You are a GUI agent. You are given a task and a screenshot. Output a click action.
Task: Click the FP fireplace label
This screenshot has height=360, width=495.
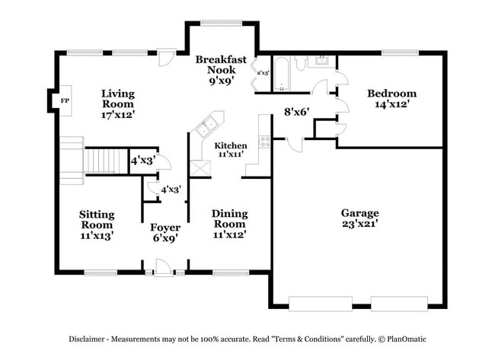click(65, 100)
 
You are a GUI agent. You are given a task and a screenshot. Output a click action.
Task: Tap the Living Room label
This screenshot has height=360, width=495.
click(118, 104)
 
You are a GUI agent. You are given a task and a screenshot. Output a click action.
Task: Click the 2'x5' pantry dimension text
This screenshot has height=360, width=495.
click(263, 73)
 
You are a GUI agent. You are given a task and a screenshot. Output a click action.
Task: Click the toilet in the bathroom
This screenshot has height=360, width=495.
click(302, 62)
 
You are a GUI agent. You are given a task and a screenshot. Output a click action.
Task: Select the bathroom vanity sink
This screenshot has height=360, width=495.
click(323, 61)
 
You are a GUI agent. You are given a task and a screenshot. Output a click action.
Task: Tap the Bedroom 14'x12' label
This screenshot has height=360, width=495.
click(391, 98)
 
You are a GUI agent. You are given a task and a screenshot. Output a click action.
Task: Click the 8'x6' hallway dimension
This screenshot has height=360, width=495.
click(295, 111)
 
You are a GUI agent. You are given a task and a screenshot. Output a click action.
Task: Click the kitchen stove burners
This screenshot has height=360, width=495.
click(265, 140)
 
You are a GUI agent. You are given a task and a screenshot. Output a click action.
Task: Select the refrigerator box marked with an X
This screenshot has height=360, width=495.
click(200, 168)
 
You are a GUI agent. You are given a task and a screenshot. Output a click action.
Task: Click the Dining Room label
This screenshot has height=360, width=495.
click(229, 224)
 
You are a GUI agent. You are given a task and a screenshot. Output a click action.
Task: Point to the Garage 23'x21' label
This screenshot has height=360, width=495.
click(359, 218)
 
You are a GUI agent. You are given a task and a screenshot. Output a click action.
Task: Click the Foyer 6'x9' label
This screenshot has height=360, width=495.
click(164, 232)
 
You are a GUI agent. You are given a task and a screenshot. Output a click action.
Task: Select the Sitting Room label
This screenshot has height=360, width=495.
click(97, 225)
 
